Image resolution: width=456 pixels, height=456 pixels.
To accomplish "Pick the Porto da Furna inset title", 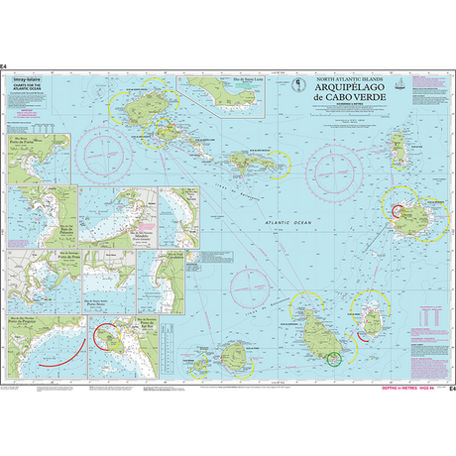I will click(x=31, y=139).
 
